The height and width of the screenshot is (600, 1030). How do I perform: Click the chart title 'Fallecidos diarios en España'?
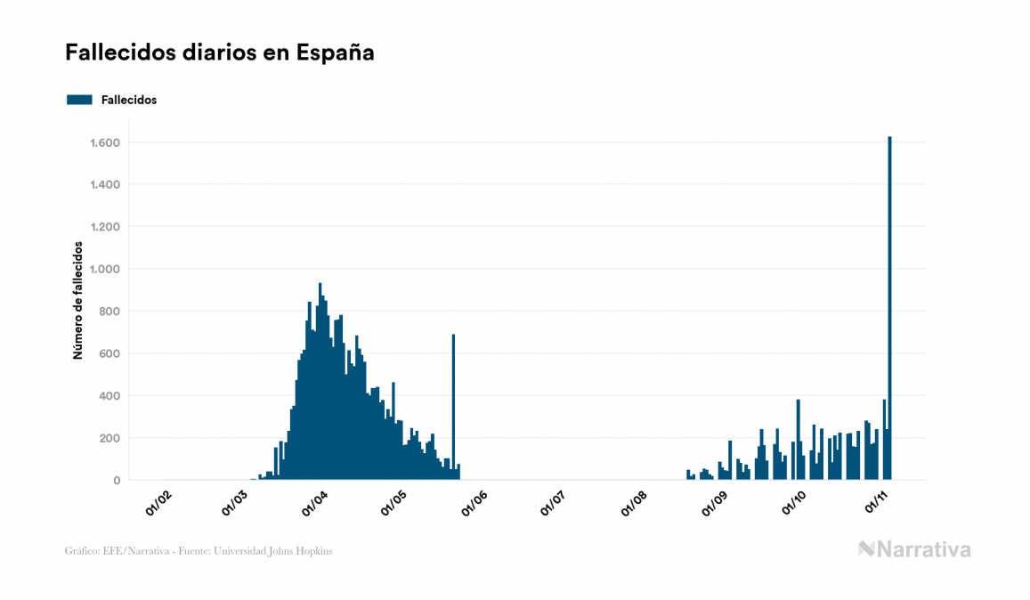(219, 53)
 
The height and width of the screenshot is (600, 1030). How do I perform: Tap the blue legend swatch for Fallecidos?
(79, 100)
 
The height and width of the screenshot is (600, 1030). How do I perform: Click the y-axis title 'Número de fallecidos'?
(77, 300)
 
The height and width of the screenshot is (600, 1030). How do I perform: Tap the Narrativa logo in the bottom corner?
(914, 549)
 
